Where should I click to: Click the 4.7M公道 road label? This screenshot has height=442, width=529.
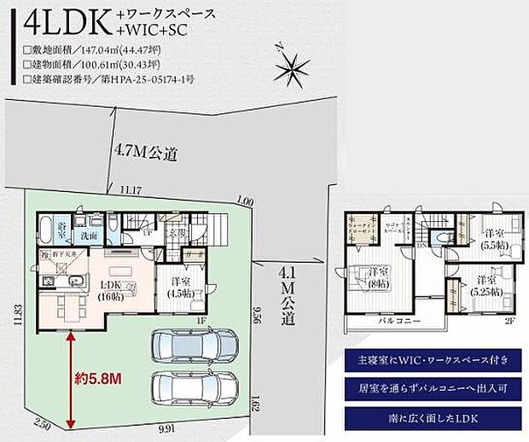click(x=146, y=154)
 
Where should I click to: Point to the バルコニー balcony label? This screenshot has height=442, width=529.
click(x=398, y=322)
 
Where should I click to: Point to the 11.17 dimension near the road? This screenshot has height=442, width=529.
click(x=131, y=189)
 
